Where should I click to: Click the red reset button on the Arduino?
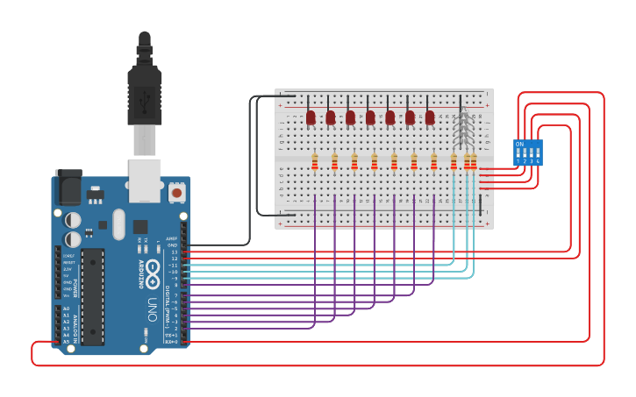point(176,192)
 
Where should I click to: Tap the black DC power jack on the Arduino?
point(68,188)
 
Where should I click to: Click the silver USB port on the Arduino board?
point(145,180)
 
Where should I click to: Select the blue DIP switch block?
point(528,152)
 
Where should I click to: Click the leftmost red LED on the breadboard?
point(311,117)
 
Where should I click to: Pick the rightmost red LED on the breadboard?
point(430,117)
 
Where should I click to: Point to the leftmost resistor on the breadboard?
point(315,161)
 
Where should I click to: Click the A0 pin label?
point(66,308)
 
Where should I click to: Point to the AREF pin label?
point(172,238)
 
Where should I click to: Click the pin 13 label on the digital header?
point(173,252)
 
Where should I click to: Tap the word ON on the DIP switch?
point(519,144)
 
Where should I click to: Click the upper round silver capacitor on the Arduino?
point(74,219)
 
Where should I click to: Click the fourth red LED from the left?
point(370,117)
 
